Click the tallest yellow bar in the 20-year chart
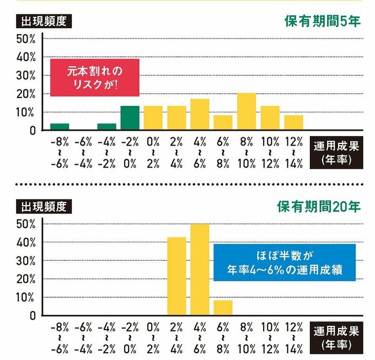pyautogui.click(x=200, y=270)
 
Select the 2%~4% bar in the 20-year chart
pyautogui.click(x=176, y=276)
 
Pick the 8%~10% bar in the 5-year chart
pyautogui.click(x=246, y=112)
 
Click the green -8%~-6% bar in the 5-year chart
pyautogui.click(x=60, y=127)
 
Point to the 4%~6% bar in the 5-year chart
pyautogui.click(x=200, y=115)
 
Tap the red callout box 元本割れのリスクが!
pyautogui.click(x=94, y=77)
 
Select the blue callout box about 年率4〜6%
pyautogui.click(x=284, y=262)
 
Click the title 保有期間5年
pyautogui.click(x=323, y=22)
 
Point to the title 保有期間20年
pyautogui.click(x=319, y=207)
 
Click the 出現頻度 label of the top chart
pyautogui.click(x=44, y=22)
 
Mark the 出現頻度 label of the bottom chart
pyautogui.click(x=44, y=207)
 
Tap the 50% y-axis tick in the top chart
pyautogui.click(x=26, y=39)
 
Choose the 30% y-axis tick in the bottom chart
pyautogui.click(x=26, y=261)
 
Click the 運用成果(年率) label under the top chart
pyautogui.click(x=336, y=154)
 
